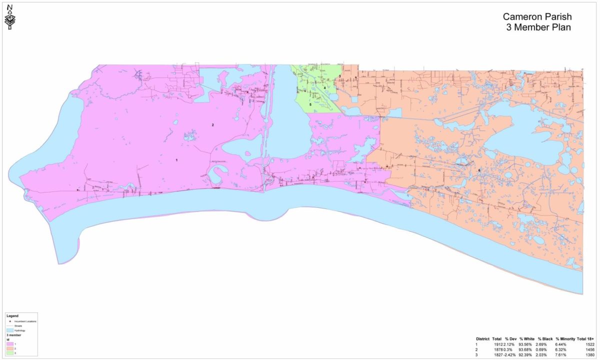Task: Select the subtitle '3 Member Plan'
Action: pyautogui.click(x=536, y=27)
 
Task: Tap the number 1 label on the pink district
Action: pyautogui.click(x=176, y=160)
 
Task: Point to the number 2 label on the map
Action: pyautogui.click(x=213, y=124)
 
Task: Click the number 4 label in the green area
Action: pyautogui.click(x=324, y=88)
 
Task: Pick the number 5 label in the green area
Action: pyautogui.click(x=310, y=104)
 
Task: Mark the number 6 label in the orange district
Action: pyautogui.click(x=479, y=170)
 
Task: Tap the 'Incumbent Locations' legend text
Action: pyautogui.click(x=25, y=321)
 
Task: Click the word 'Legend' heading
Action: pyautogui.click(x=12, y=316)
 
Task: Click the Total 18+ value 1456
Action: pyautogui.click(x=588, y=349)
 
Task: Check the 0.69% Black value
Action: pyautogui.click(x=544, y=349)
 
